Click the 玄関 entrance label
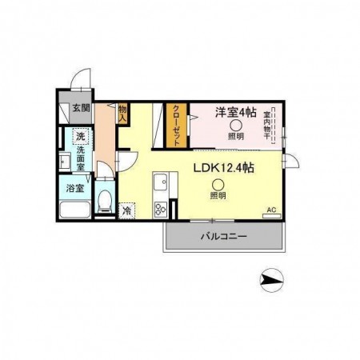(81, 108)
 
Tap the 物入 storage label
(122, 114)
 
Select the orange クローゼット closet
(178, 126)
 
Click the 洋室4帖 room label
(236, 112)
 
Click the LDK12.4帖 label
(223, 168)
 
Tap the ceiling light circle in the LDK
(218, 185)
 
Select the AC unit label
(272, 210)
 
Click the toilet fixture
(105, 202)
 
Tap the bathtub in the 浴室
(75, 210)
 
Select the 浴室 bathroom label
(75, 188)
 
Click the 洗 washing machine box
(81, 137)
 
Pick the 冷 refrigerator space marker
(126, 211)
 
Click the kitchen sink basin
(161, 182)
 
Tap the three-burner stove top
(161, 209)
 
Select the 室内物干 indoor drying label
(267, 126)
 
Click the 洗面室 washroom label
(81, 158)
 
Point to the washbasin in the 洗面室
(64, 162)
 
